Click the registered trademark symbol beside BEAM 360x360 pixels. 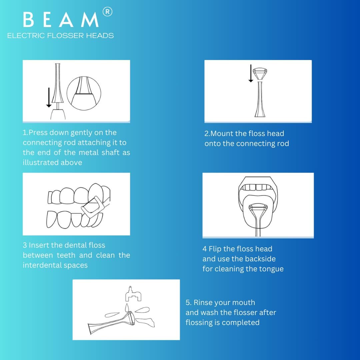tap(107, 12)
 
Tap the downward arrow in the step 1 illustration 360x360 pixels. tap(49, 97)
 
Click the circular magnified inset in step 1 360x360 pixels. tap(84, 93)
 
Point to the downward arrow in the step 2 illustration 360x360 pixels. tap(251, 73)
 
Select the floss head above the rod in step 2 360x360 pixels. tap(260, 73)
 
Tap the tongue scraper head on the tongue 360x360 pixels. tap(258, 208)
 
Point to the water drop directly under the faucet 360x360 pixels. tap(127, 307)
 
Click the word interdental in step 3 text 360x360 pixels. tap(42, 265)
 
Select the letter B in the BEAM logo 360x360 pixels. tap(28, 20)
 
